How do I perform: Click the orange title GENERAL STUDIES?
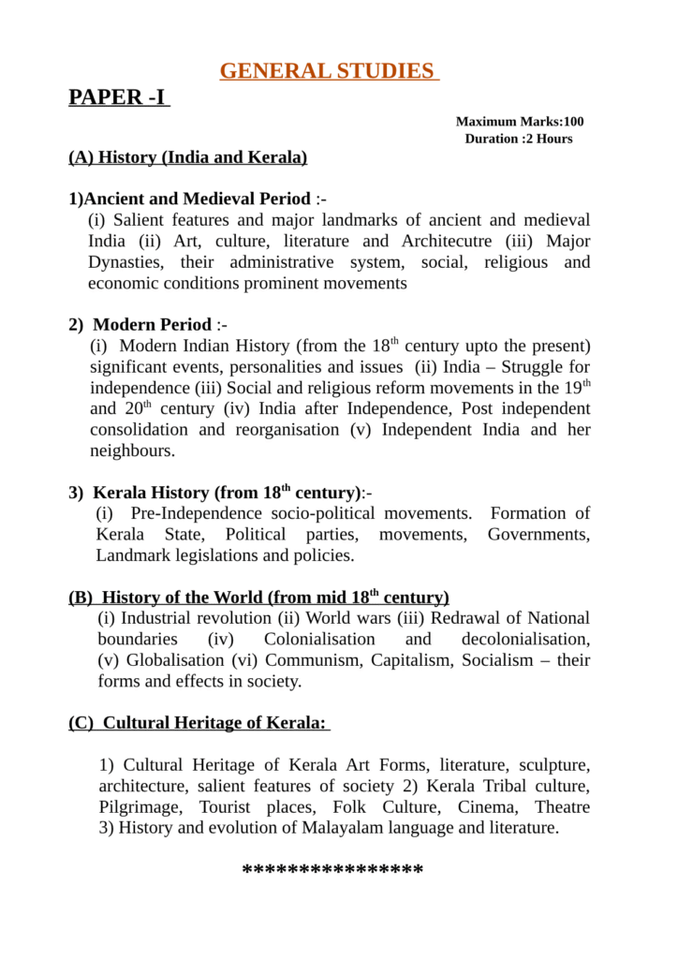(329, 71)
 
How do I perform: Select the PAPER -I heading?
(118, 97)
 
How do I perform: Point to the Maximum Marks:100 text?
(520, 122)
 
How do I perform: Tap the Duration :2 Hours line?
(519, 139)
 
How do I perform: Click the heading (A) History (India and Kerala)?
(187, 157)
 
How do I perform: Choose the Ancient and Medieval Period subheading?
(198, 199)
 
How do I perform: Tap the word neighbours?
(131, 450)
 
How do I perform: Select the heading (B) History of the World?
(258, 598)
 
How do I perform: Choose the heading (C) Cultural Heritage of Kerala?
(199, 723)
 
